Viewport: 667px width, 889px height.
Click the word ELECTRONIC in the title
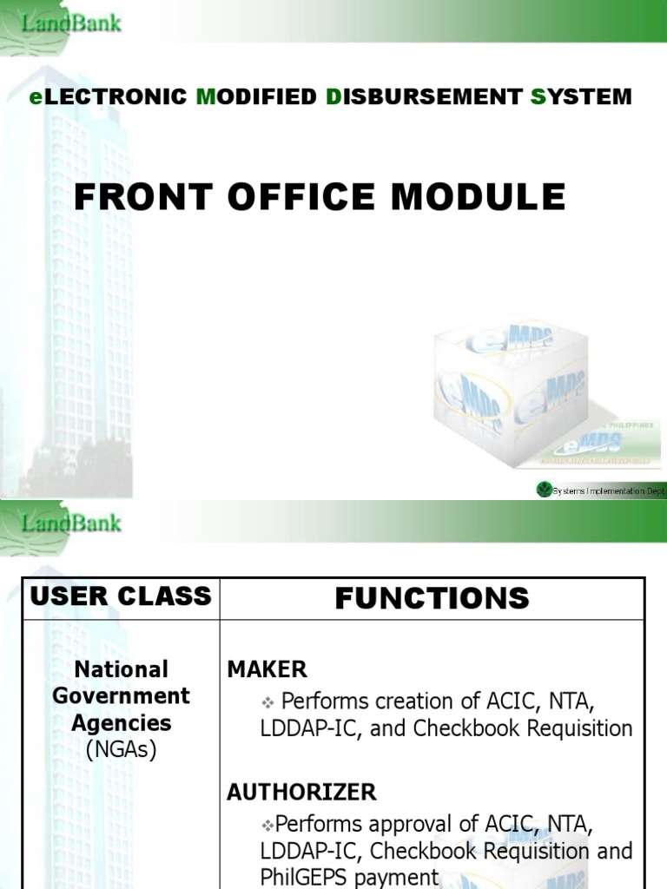tap(109, 96)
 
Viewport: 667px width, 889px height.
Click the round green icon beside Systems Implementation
tap(544, 491)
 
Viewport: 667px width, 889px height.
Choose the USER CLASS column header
tap(121, 596)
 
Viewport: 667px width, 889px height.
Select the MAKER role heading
tap(267, 669)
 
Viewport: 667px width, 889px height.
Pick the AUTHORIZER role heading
tap(301, 792)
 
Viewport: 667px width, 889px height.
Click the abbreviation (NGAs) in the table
tap(121, 750)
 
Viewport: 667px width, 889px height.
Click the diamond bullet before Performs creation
tap(268, 701)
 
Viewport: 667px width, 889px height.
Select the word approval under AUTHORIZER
tap(395, 823)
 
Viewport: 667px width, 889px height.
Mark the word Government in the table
tap(121, 696)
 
